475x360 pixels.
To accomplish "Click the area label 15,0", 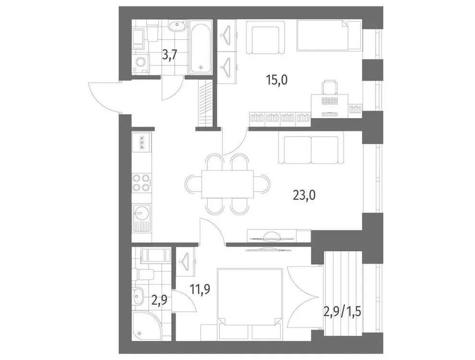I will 277,80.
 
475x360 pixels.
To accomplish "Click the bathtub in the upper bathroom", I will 200,47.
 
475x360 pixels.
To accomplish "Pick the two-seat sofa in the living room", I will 311,149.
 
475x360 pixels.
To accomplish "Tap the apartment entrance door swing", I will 103,95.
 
